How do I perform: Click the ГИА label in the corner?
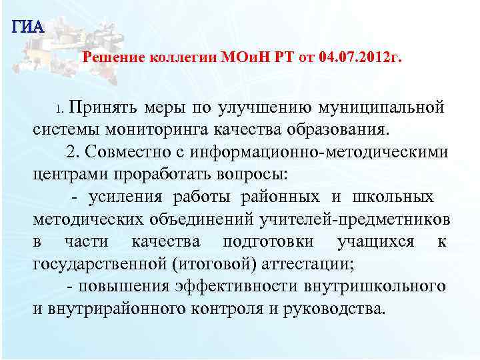(27, 27)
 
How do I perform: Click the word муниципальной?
(383, 107)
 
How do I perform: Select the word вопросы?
(252, 174)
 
